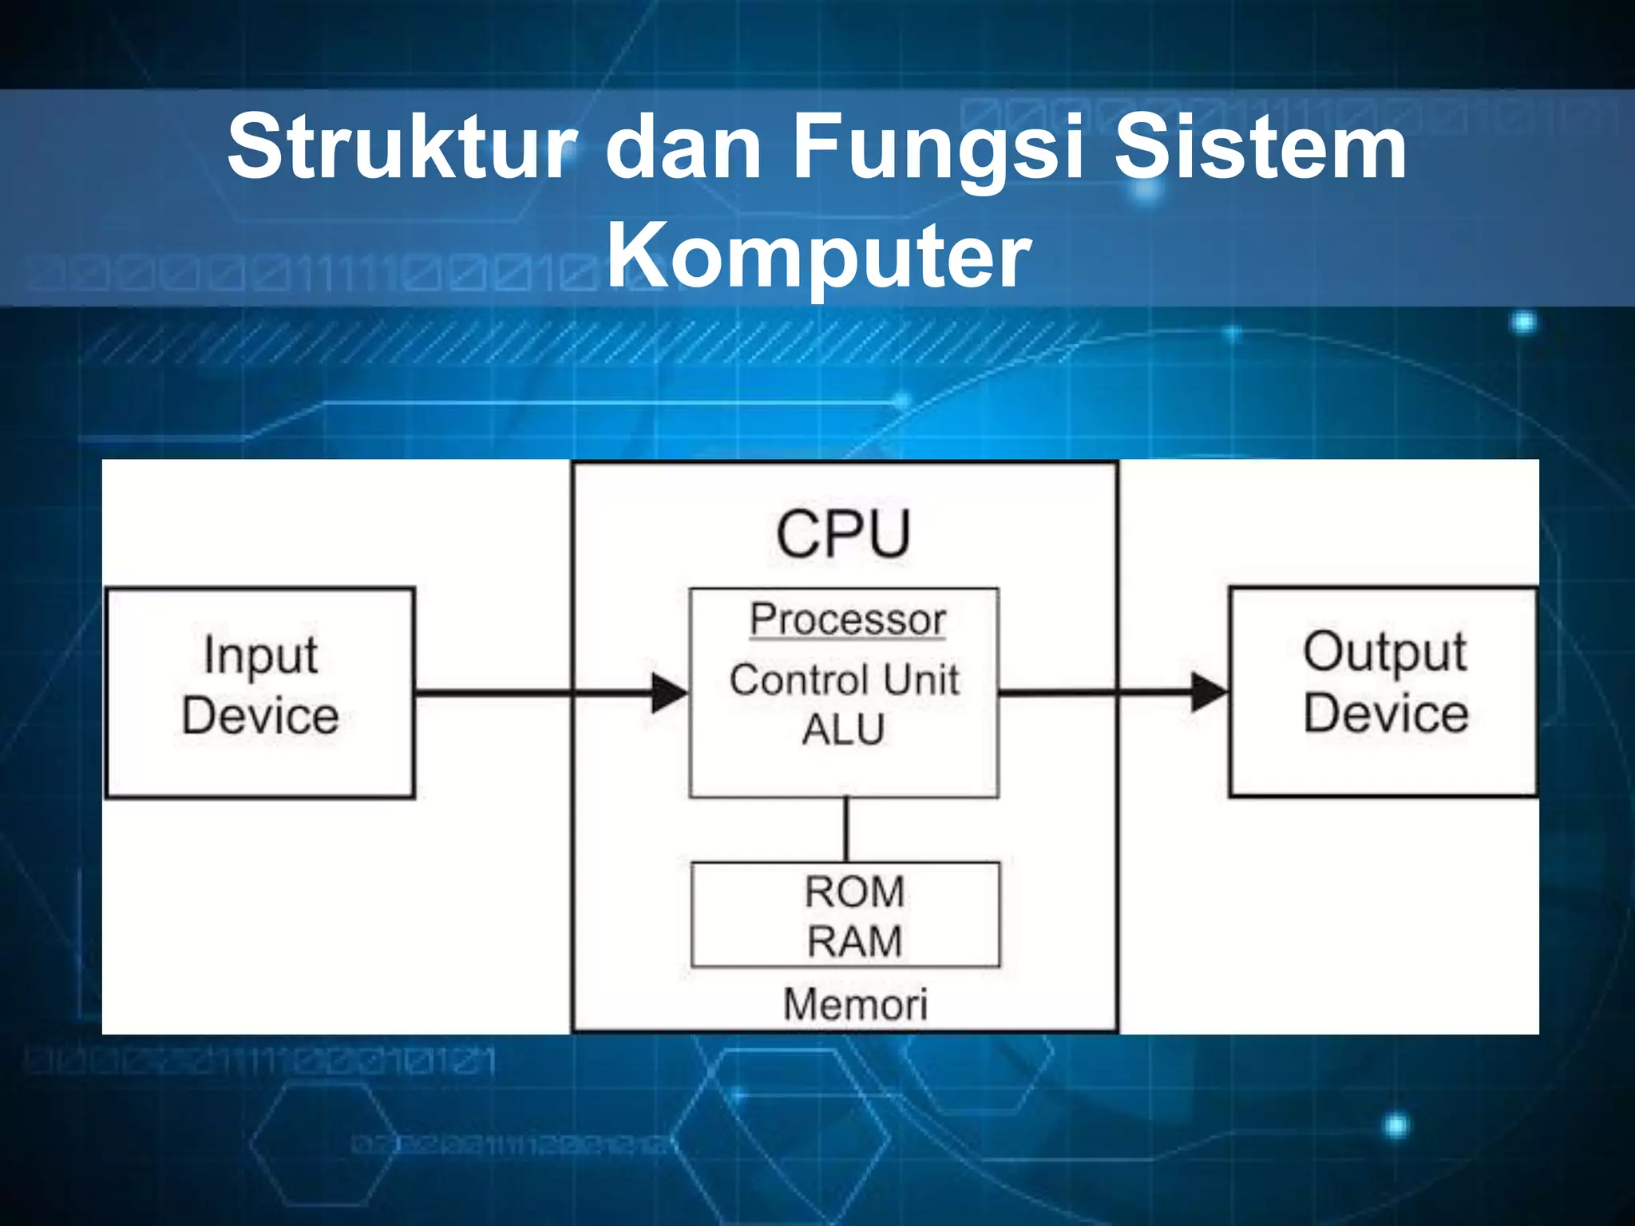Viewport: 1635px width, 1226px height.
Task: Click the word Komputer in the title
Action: [818, 255]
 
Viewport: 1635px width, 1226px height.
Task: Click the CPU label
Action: [843, 534]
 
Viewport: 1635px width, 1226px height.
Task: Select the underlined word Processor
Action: [847, 619]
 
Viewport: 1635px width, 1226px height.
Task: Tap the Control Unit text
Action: [844, 680]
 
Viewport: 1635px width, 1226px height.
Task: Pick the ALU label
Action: [843, 729]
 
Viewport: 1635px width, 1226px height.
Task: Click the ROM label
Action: [854, 892]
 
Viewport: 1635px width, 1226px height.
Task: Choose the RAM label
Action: [854, 941]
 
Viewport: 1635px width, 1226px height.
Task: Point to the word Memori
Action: [855, 1004]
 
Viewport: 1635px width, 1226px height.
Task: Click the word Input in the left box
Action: [260, 656]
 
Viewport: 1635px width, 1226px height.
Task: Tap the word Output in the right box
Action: [1384, 653]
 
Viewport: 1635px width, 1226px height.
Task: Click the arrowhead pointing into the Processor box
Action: [669, 693]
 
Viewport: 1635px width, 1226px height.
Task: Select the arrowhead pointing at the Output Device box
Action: [1208, 692]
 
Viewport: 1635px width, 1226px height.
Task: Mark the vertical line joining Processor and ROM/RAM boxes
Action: [846, 829]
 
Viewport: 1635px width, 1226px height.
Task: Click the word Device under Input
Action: [260, 715]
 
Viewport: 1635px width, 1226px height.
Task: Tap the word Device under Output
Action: [1386, 713]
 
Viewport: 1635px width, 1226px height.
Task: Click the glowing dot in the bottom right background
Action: [1396, 1126]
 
